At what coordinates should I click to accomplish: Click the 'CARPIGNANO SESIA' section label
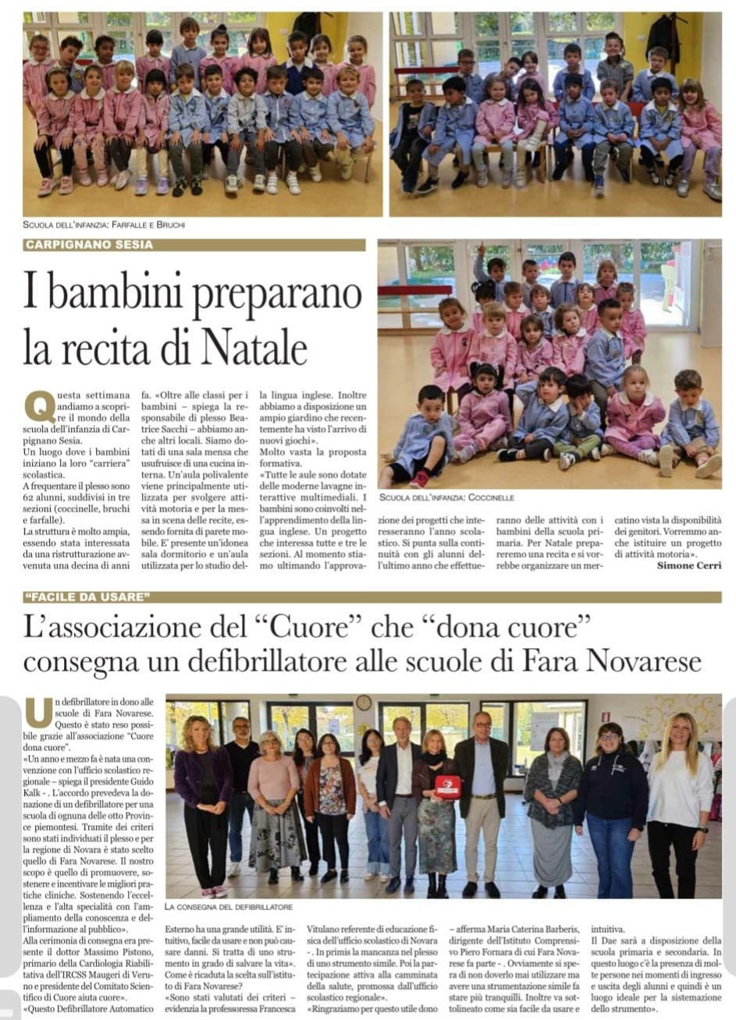88,245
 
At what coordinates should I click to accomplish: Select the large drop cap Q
39,406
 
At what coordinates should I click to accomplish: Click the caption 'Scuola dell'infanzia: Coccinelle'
446,497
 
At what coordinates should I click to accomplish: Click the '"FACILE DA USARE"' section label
86,597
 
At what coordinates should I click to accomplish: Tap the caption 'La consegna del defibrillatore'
229,907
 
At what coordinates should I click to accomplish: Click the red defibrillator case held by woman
447,786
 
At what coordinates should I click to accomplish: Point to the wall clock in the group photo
364,703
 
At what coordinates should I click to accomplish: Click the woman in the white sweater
678,803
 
